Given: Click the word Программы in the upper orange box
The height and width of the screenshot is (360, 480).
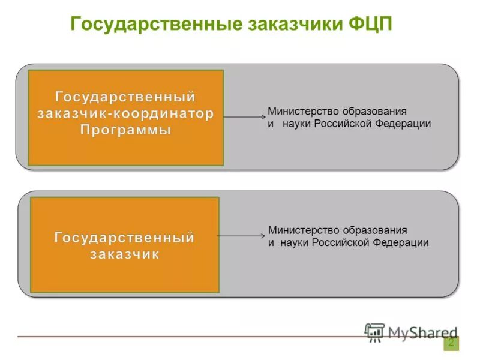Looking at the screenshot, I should (x=125, y=130).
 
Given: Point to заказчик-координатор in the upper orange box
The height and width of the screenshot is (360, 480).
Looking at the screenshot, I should (x=125, y=113).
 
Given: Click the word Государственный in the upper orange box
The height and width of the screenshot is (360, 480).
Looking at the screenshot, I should (x=125, y=97).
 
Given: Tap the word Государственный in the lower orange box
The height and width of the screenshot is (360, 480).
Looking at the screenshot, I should (x=125, y=238).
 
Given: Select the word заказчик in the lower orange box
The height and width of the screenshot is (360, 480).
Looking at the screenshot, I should (x=125, y=254).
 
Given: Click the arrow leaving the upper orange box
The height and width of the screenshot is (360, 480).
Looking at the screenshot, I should (x=244, y=117).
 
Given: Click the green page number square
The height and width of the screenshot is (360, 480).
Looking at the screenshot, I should (x=451, y=343).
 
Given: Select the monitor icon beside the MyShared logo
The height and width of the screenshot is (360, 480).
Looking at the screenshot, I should (x=375, y=332).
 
